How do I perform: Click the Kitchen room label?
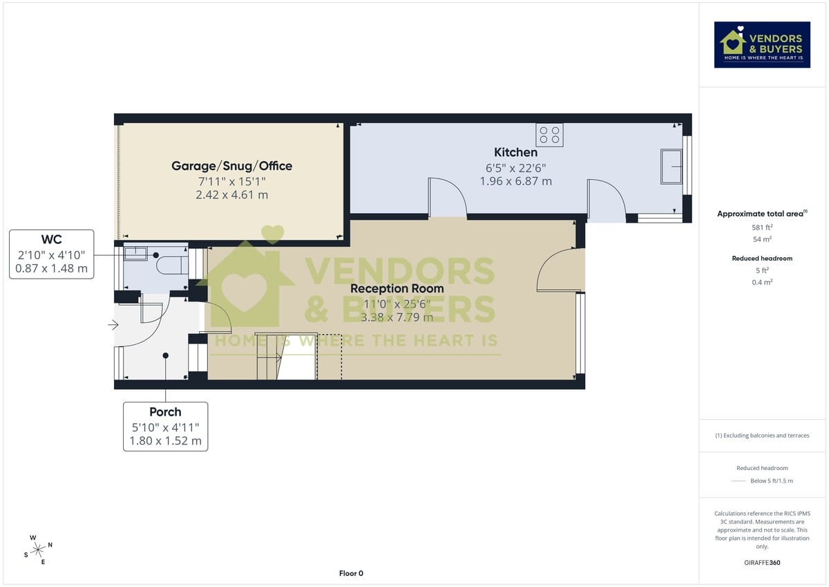point(515,152)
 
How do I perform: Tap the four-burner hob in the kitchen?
point(550,135)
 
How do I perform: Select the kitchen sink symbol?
point(671,166)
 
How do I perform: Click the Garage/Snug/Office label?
point(231,166)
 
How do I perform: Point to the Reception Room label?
point(397,288)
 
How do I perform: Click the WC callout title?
point(52,240)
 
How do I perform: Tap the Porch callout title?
point(165,412)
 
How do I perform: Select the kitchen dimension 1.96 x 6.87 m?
point(515,181)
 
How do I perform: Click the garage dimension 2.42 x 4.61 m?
point(231,195)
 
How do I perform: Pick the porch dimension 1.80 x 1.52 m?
point(165,441)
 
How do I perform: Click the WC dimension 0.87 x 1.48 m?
point(52,268)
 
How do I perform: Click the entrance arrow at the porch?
point(113,326)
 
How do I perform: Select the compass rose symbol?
point(37,549)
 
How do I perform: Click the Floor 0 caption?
point(351,573)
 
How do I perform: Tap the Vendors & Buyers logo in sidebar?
point(762,44)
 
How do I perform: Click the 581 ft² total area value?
point(762,227)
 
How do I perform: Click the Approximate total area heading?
point(762,214)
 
